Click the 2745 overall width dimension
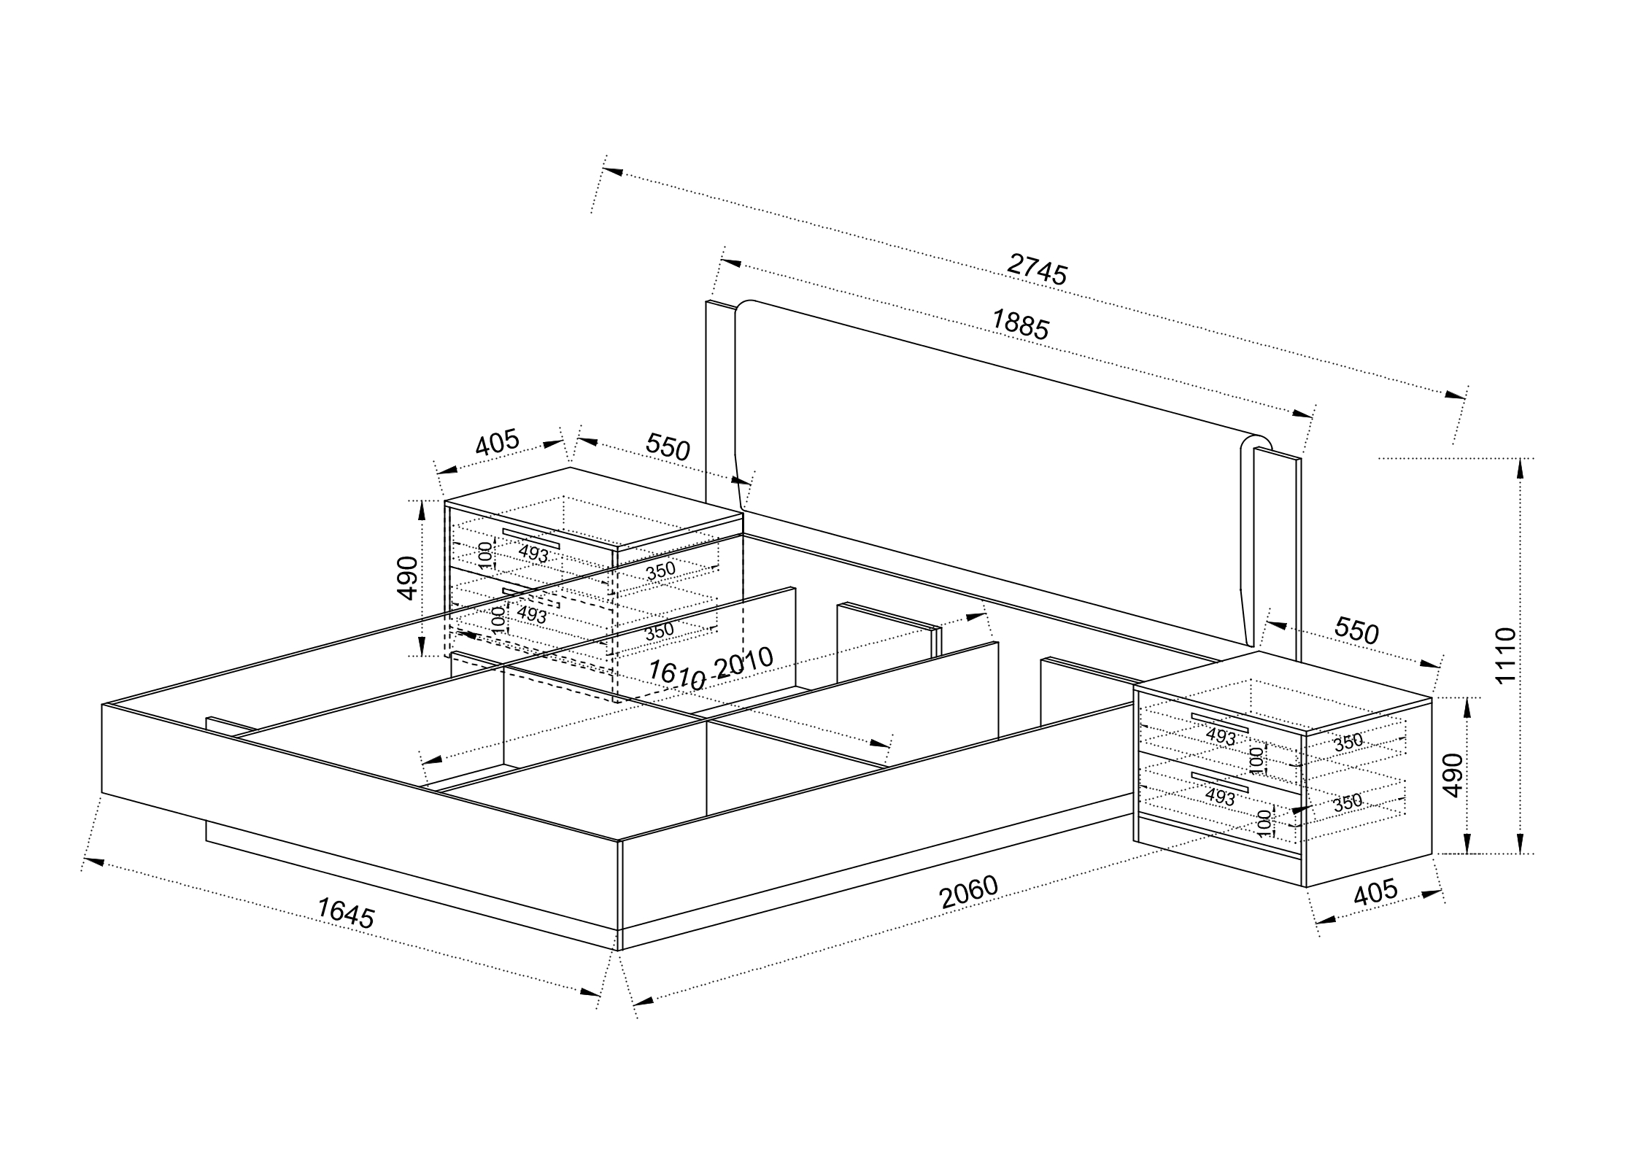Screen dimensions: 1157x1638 click(x=1037, y=268)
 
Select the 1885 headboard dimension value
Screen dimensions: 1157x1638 click(x=1020, y=325)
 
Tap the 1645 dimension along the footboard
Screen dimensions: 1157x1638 click(x=346, y=913)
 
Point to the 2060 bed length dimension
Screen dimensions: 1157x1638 click(x=968, y=893)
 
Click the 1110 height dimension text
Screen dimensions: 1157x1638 click(x=1505, y=655)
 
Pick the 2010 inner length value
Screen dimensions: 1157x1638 click(x=743, y=663)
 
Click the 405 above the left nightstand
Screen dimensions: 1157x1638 click(x=497, y=444)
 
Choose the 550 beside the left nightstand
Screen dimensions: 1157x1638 click(x=668, y=447)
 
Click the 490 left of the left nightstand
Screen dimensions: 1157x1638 click(x=409, y=578)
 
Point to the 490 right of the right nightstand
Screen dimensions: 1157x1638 click(x=1453, y=775)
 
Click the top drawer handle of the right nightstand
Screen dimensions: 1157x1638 click(x=1220, y=722)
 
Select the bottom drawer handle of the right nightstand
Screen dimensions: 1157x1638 click(x=1220, y=780)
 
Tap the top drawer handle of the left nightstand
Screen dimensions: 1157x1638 click(x=530, y=538)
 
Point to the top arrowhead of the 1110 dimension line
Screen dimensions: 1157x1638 click(x=1520, y=468)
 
